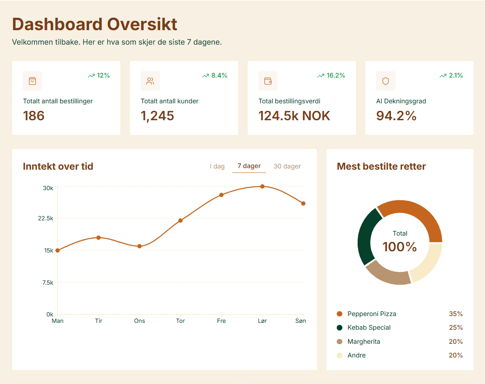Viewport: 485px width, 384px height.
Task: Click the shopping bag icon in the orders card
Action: pyautogui.click(x=33, y=81)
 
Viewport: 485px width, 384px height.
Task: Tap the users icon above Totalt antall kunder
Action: pyautogui.click(x=150, y=81)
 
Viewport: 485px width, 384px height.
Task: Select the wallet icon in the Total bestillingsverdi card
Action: pyautogui.click(x=268, y=81)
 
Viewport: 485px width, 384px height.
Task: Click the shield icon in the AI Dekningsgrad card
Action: pyautogui.click(x=386, y=81)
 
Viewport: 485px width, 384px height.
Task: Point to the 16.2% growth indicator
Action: pyautogui.click(x=331, y=75)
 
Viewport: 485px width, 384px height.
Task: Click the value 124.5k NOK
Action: pyautogui.click(x=294, y=116)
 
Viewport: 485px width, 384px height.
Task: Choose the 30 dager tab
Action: pyautogui.click(x=287, y=166)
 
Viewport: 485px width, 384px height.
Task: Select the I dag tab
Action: pyautogui.click(x=217, y=166)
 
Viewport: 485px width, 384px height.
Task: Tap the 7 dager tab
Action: pyautogui.click(x=249, y=166)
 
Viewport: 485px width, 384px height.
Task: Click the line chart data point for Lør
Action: pyautogui.click(x=262, y=186)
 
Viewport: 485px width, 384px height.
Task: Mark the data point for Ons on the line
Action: pyautogui.click(x=139, y=246)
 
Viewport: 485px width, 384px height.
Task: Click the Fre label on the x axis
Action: pyautogui.click(x=221, y=321)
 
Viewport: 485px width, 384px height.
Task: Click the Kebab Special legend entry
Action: pyautogui.click(x=369, y=327)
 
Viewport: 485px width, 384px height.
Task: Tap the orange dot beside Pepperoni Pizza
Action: pyautogui.click(x=340, y=314)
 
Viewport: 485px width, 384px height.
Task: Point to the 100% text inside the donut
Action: pyautogui.click(x=400, y=247)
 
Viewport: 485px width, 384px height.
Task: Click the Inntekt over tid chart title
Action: pyautogui.click(x=58, y=166)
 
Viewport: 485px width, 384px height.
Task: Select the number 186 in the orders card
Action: pyautogui.click(x=34, y=116)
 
